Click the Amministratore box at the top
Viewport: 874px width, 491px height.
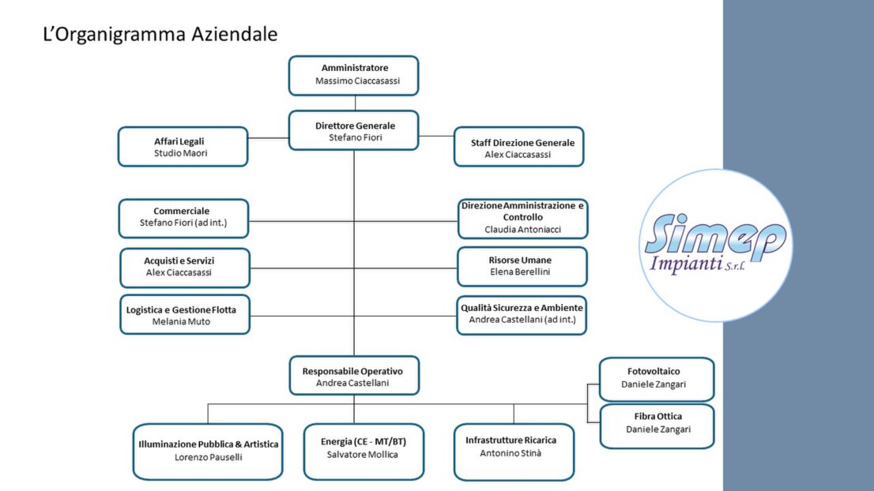(x=353, y=75)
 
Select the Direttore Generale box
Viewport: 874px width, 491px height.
(x=353, y=130)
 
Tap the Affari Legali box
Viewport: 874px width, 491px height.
(x=183, y=147)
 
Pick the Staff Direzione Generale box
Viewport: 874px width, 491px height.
(x=518, y=148)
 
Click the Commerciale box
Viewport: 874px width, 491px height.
(x=183, y=218)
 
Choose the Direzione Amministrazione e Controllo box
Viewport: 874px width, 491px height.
(x=522, y=218)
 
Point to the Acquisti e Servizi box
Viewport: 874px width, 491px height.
(x=185, y=267)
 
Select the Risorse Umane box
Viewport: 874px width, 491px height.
(x=522, y=267)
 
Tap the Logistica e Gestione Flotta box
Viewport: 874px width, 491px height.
(x=185, y=315)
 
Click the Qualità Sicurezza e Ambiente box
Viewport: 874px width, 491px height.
(x=522, y=315)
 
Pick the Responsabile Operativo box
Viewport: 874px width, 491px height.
(x=353, y=376)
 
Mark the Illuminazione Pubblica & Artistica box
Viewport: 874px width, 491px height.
(x=208, y=451)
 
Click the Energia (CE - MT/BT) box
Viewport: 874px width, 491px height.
(x=364, y=451)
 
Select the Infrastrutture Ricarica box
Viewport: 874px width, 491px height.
(x=514, y=451)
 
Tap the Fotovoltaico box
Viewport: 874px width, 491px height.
(x=656, y=379)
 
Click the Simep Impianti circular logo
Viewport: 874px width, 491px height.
(x=715, y=245)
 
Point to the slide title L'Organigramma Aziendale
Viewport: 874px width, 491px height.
(x=160, y=35)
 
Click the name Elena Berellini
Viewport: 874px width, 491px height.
(x=522, y=272)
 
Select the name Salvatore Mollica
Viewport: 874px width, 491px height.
(x=363, y=455)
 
